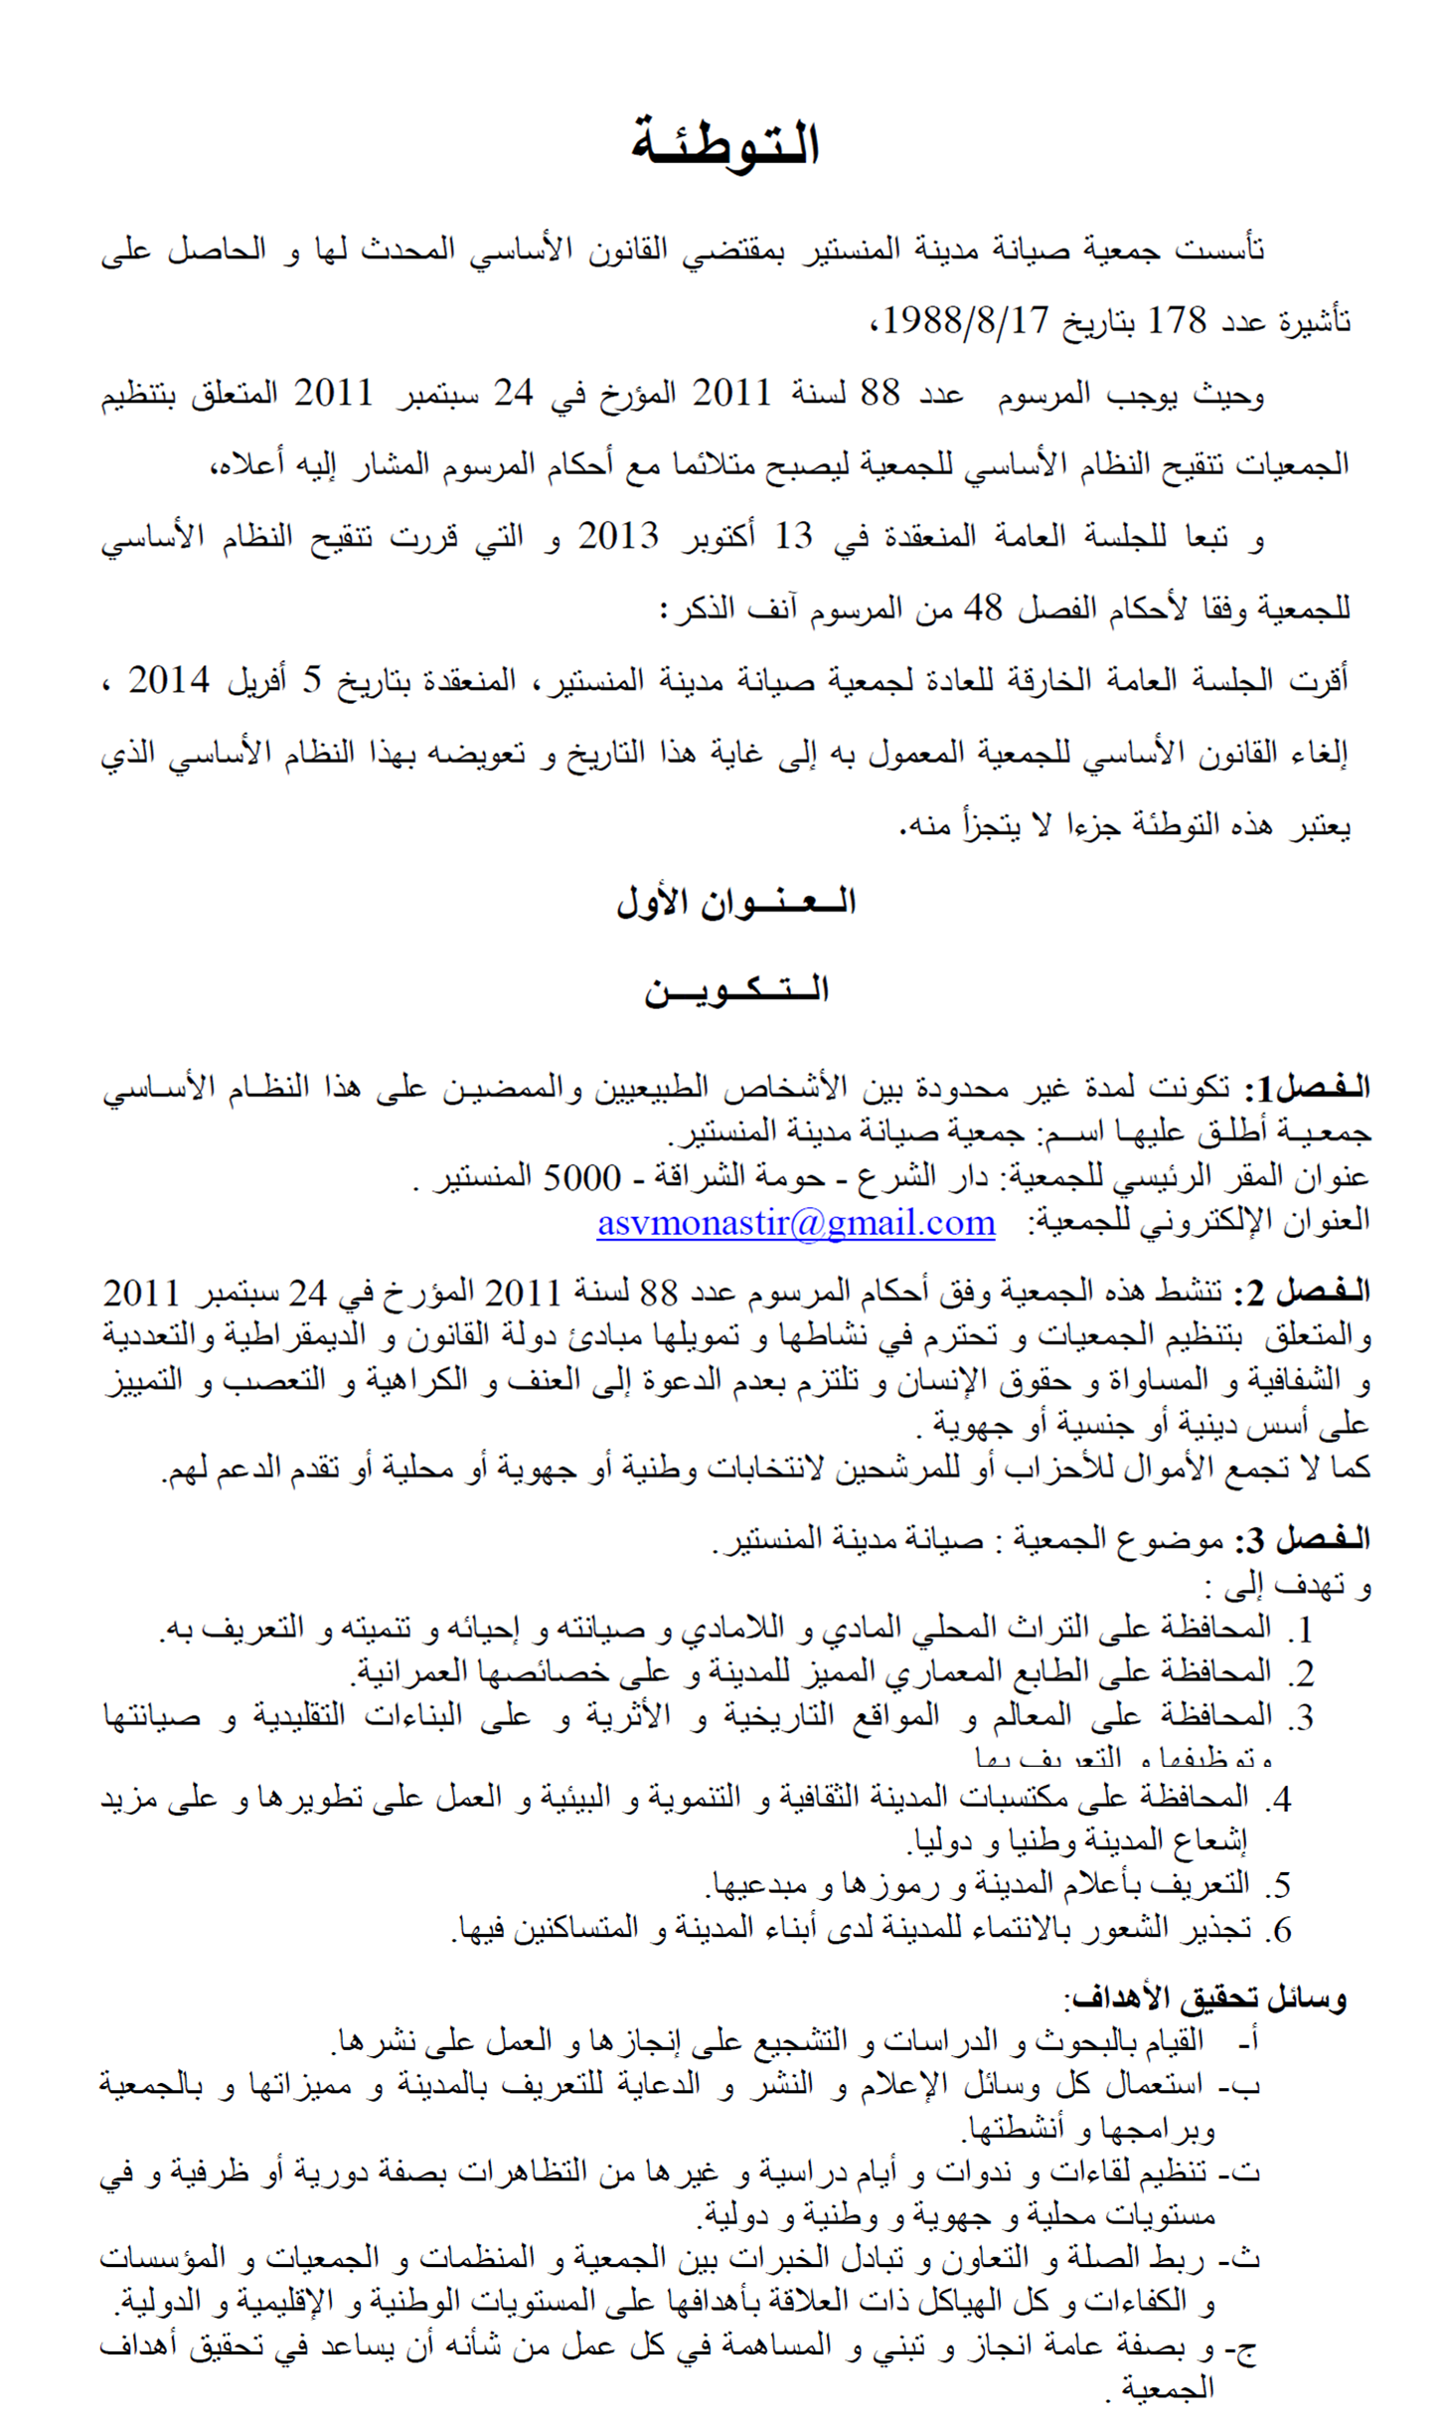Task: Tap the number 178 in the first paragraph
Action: tap(1178, 321)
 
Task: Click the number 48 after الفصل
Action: tap(983, 608)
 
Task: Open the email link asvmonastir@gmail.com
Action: tap(796, 1222)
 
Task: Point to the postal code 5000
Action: tap(581, 1178)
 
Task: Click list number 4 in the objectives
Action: tap(1279, 1799)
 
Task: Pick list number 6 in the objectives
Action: tap(1279, 1930)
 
